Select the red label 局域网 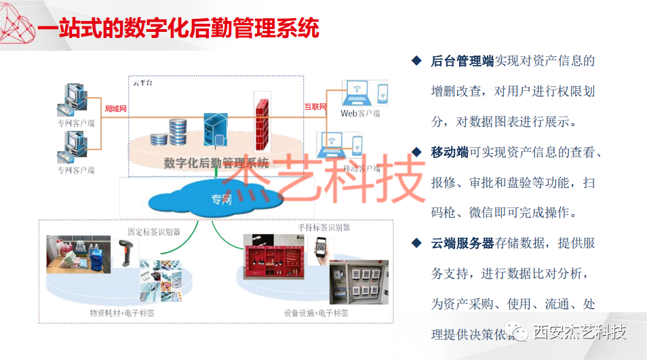click(115, 108)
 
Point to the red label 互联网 click(315, 106)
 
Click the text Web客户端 click(359, 114)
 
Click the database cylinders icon click(170, 132)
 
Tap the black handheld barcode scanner click(126, 254)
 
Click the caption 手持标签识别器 click(323, 228)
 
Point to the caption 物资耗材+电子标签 click(122, 313)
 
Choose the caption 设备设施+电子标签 click(316, 313)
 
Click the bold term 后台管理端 click(462, 61)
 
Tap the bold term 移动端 click(450, 152)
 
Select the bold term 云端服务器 click(462, 243)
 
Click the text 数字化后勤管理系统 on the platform click(216, 163)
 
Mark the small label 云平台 click(143, 83)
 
